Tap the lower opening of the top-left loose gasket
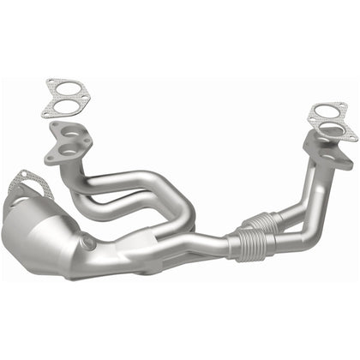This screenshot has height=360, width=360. click(x=59, y=106)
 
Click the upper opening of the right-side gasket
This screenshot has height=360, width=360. click(x=328, y=112)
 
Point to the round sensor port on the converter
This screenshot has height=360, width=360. click(x=88, y=243)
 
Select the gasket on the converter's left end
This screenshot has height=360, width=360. click(x=26, y=186)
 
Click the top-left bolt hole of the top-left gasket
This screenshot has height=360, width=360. click(x=48, y=83)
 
